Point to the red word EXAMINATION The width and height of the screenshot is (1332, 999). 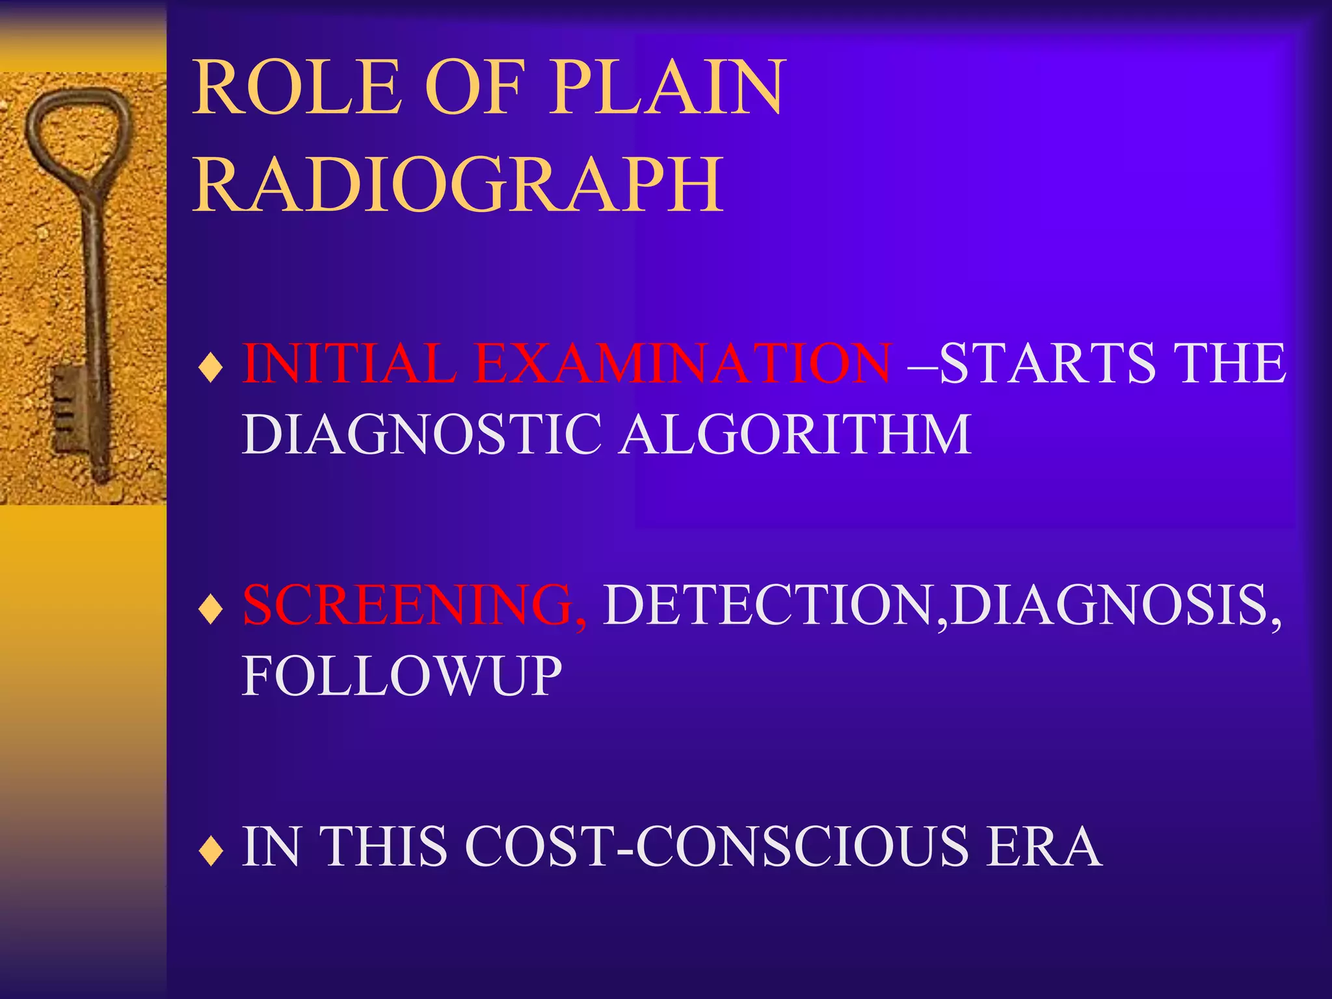click(x=683, y=363)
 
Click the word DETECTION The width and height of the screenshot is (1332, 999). click(x=770, y=605)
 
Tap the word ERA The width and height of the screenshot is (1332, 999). click(x=1043, y=847)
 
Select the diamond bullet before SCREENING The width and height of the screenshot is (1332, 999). click(x=211, y=611)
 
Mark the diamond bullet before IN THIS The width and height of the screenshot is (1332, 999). click(x=211, y=853)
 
